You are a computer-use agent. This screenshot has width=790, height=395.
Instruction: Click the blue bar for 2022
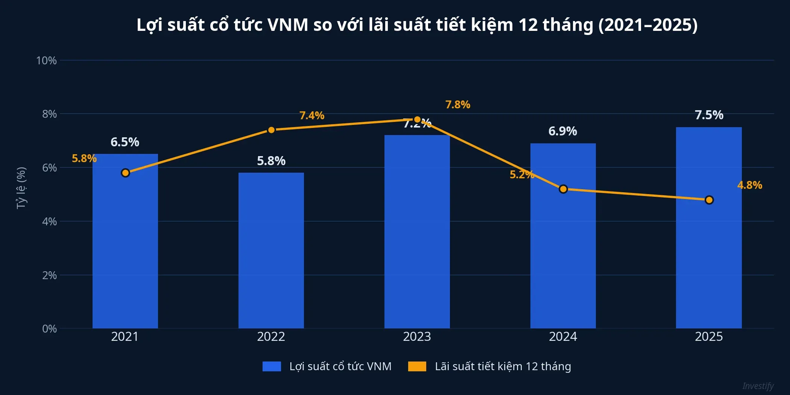click(271, 250)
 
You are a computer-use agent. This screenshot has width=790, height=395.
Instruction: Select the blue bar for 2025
click(709, 228)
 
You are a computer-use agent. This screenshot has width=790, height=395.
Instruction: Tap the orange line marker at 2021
click(125, 173)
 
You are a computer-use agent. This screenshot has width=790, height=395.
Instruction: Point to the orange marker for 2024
click(563, 189)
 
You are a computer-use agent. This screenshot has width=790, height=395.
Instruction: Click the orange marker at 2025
click(709, 200)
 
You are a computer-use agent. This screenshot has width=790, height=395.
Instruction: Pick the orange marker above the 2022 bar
click(271, 130)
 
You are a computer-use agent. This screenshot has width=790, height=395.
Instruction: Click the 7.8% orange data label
click(457, 105)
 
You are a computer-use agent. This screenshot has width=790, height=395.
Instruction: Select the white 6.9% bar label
click(562, 131)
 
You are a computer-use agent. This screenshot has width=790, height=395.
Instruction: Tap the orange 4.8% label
click(749, 185)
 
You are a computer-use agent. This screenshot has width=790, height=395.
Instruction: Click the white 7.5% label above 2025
click(709, 115)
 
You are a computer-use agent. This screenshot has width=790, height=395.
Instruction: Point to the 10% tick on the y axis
click(46, 61)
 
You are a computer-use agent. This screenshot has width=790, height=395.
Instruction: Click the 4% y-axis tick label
click(49, 221)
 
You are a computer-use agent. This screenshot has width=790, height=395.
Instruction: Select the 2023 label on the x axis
click(417, 336)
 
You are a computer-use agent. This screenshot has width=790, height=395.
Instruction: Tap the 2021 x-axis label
click(125, 336)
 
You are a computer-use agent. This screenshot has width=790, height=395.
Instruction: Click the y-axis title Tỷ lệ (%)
click(21, 188)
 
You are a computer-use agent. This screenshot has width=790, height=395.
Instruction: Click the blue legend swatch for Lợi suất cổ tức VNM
click(272, 366)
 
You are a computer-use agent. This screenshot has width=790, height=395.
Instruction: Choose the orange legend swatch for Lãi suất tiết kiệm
click(417, 366)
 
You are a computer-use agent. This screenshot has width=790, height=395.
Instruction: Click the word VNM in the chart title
click(287, 25)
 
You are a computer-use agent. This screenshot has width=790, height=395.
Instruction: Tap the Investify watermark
click(758, 386)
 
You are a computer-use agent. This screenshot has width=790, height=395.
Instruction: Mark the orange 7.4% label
click(311, 115)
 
